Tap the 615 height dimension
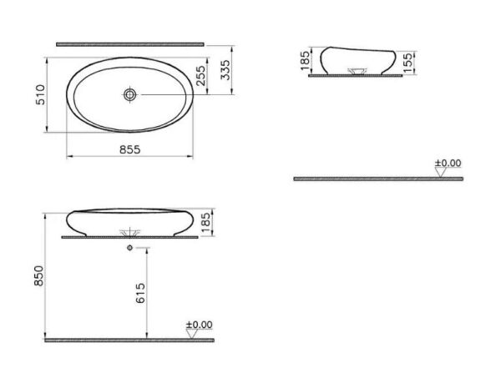(141, 293)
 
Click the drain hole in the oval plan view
(129, 94)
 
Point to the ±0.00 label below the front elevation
(199, 325)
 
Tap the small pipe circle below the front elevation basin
(129, 249)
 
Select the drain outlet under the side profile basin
(360, 71)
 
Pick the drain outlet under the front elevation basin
(129, 232)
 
